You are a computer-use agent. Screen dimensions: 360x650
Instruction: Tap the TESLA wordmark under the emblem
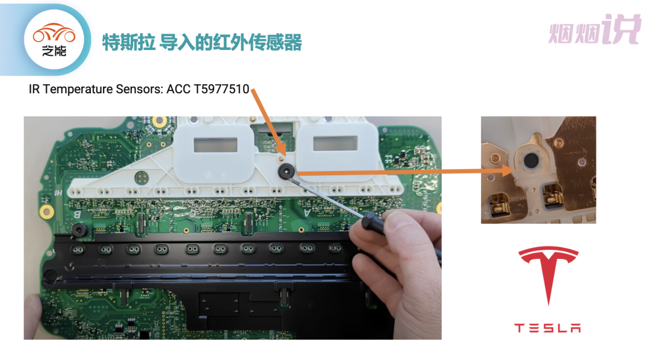click(x=547, y=328)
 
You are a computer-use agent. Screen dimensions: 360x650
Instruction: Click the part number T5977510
click(x=221, y=90)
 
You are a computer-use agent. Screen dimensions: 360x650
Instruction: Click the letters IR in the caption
click(x=34, y=90)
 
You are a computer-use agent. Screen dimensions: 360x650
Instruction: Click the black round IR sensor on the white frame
click(x=285, y=171)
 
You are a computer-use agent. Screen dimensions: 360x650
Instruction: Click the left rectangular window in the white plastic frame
click(x=215, y=143)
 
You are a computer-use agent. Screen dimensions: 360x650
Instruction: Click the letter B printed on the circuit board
click(x=76, y=214)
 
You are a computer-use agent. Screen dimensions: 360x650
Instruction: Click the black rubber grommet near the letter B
click(x=77, y=231)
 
